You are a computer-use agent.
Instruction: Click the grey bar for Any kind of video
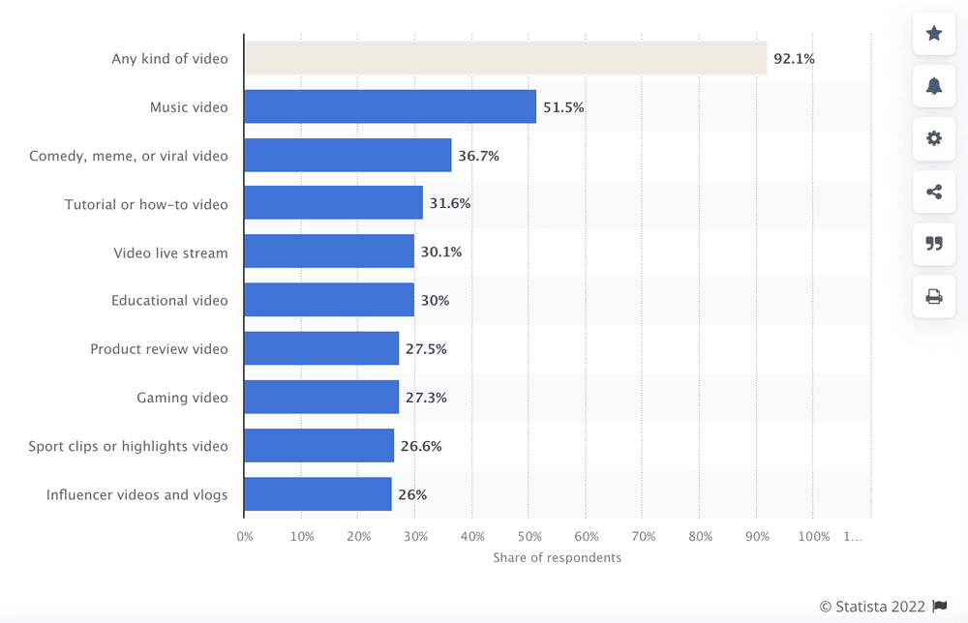[505, 58]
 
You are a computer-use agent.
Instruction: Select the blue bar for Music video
[390, 106]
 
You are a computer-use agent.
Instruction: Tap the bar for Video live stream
[329, 252]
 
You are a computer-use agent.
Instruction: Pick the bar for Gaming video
[321, 397]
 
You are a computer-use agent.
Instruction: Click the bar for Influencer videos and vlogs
[318, 493]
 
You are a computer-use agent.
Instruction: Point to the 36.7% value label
[478, 156]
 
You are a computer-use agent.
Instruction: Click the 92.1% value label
[794, 59]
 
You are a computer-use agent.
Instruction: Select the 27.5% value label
[426, 349]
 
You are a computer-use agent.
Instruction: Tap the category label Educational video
[169, 301]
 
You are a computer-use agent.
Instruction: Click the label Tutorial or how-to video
[146, 204]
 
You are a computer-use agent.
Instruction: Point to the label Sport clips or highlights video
[128, 446]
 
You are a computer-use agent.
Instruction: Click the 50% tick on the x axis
[529, 536]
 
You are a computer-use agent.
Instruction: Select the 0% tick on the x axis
[245, 536]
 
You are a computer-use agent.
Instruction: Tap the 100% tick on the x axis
[814, 536]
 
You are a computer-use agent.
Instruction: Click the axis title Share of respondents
[557, 557]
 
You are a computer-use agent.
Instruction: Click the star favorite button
[934, 34]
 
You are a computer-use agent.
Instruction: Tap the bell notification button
[934, 86]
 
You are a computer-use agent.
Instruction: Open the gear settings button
[934, 138]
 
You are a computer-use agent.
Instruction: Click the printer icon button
[934, 296]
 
